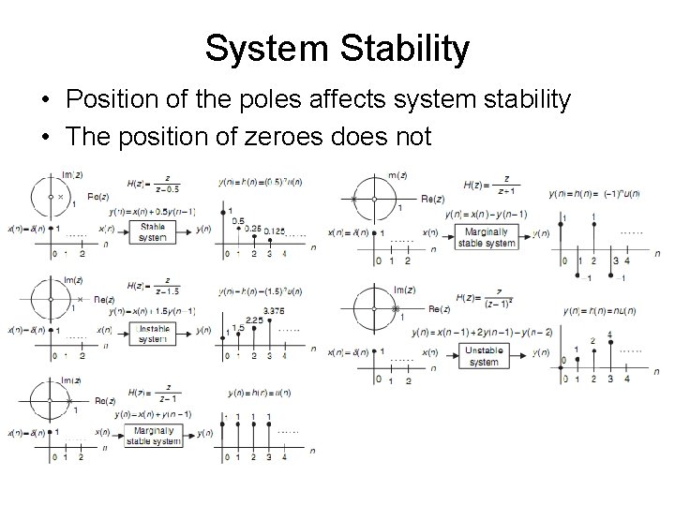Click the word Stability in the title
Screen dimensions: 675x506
click(x=404, y=49)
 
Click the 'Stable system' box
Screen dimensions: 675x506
click(x=153, y=231)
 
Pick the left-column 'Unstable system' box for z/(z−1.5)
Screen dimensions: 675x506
click(x=153, y=333)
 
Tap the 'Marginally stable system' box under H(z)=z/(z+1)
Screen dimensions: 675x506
click(x=486, y=237)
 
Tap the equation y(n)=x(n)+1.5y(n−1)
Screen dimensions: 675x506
click(x=152, y=310)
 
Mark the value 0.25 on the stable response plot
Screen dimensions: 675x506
click(x=252, y=229)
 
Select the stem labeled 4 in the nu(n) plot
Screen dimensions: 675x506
click(x=610, y=335)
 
